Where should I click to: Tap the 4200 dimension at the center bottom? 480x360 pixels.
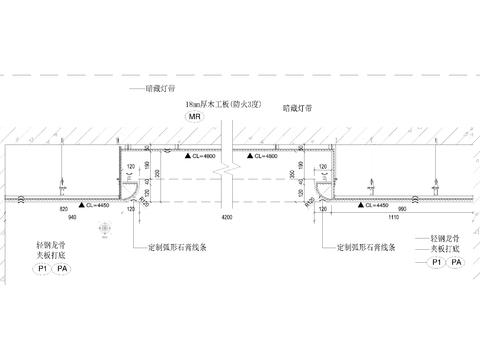[x=227, y=216]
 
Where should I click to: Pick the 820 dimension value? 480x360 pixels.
[x=63, y=208]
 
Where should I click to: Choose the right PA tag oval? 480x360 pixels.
[x=457, y=262]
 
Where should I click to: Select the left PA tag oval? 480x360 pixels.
[x=62, y=269]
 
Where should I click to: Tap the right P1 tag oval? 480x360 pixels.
[x=437, y=262]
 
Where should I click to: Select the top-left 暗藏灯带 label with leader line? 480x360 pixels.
[x=160, y=88]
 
